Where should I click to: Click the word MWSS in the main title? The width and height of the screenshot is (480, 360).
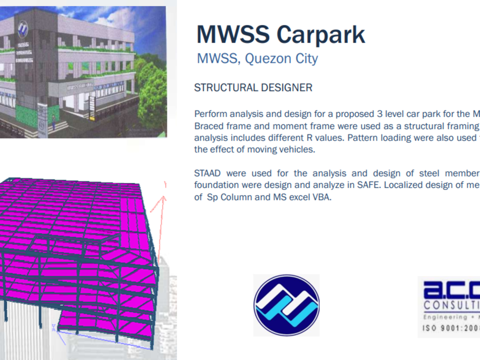coord(232,35)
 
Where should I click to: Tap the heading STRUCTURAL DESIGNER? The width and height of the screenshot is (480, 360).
coord(253,88)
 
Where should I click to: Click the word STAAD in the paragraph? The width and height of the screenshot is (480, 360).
coord(208,173)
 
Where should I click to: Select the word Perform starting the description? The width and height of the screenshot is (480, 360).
coord(210,114)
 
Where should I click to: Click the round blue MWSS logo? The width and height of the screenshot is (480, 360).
coord(287,305)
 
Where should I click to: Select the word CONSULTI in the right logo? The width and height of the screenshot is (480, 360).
coord(452,306)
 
